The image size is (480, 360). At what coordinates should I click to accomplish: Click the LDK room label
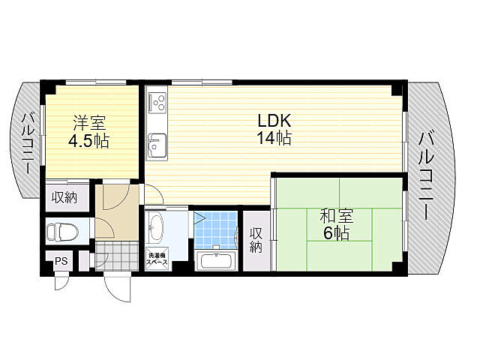click(274, 121)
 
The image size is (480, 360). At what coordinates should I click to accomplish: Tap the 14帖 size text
click(274, 138)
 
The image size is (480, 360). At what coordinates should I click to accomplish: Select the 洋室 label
click(88, 123)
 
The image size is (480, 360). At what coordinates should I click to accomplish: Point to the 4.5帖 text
click(88, 141)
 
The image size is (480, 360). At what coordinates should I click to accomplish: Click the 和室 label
click(337, 216)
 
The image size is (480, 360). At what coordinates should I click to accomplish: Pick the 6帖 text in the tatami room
click(336, 233)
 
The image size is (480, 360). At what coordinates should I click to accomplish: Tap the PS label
click(61, 262)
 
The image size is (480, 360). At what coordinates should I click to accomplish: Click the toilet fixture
click(63, 232)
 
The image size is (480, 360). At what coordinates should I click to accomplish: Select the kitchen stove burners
click(157, 102)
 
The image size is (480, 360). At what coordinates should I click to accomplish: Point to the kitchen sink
click(157, 146)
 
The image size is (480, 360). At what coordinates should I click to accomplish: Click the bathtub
click(216, 261)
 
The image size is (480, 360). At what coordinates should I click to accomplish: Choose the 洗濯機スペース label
click(157, 259)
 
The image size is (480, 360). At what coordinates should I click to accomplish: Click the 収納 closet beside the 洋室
click(64, 198)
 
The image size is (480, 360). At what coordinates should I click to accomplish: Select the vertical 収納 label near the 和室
click(256, 240)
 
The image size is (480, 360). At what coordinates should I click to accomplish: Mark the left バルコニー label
click(28, 143)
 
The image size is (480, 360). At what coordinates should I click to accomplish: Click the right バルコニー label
click(427, 176)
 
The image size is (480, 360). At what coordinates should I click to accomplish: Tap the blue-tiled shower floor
click(216, 230)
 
